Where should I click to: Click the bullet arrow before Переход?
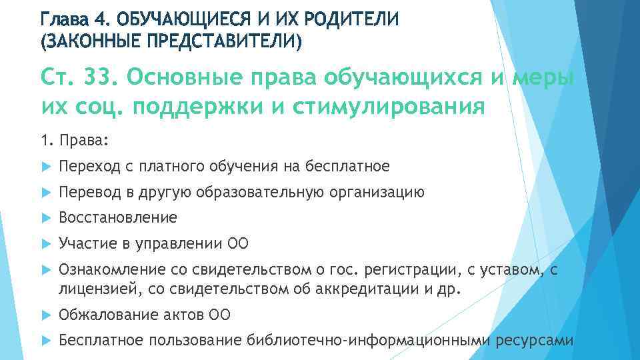45,166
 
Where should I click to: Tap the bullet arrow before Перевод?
45,193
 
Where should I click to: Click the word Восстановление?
118,218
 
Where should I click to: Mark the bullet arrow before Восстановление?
45,218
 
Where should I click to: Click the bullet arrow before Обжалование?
45,315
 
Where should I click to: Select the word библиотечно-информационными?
369,341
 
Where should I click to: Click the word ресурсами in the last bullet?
535,341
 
